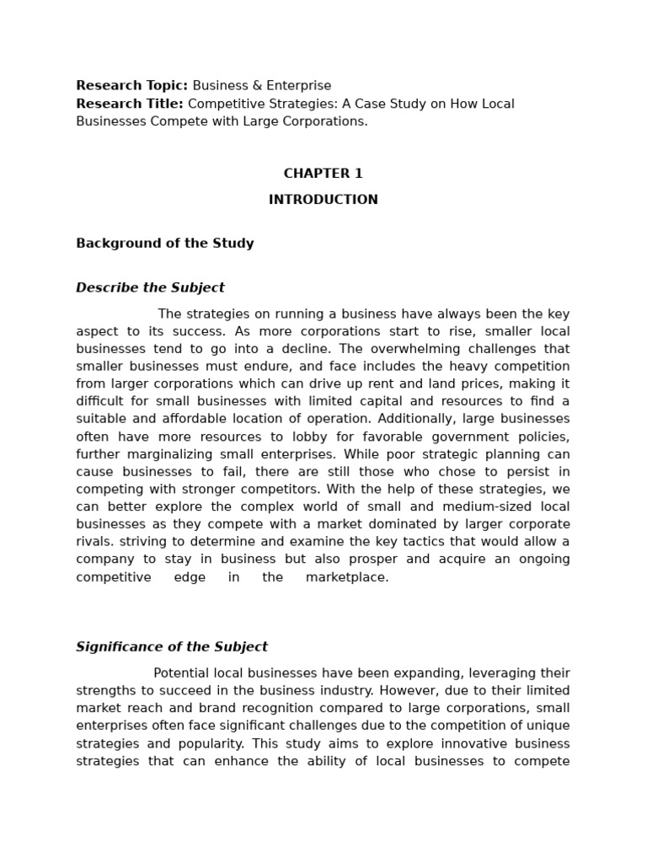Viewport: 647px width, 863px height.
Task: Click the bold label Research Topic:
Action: pos(132,85)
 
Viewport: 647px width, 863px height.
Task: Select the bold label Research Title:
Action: pos(130,104)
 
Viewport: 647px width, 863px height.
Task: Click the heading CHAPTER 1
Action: pos(323,174)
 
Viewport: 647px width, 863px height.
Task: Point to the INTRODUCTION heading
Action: pos(323,200)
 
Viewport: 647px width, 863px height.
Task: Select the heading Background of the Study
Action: pos(164,244)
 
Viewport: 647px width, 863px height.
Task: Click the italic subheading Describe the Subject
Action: pos(150,287)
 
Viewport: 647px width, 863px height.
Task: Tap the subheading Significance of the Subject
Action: pos(172,647)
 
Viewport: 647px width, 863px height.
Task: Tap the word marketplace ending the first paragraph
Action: pos(346,577)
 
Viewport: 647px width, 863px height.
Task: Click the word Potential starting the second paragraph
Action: pos(182,673)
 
